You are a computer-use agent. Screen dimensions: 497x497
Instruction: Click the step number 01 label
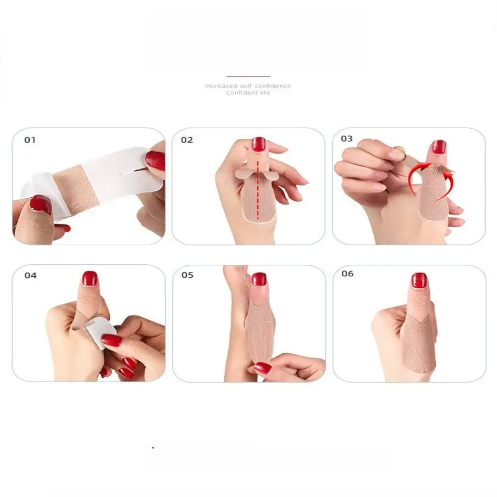pyautogui.click(x=30, y=140)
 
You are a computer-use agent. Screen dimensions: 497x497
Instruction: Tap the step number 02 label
pyautogui.click(x=187, y=140)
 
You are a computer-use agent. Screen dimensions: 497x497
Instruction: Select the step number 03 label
pyautogui.click(x=347, y=139)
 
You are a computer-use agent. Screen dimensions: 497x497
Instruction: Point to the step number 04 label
pyautogui.click(x=30, y=275)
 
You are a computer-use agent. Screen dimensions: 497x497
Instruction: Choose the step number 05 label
pyautogui.click(x=187, y=275)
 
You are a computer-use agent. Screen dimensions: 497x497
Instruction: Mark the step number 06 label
pyautogui.click(x=347, y=274)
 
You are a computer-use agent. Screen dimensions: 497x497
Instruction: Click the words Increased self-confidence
pyautogui.click(x=248, y=86)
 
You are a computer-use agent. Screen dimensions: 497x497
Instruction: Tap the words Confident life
pyautogui.click(x=248, y=93)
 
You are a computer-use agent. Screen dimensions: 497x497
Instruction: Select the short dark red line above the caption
pyautogui.click(x=248, y=77)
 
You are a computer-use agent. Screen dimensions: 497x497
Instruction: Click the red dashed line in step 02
pyautogui.click(x=258, y=189)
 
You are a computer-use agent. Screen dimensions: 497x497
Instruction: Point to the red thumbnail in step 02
pyautogui.click(x=258, y=144)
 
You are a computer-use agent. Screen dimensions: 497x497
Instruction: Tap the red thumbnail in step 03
pyautogui.click(x=438, y=147)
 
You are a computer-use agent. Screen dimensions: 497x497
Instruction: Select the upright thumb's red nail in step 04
pyautogui.click(x=89, y=278)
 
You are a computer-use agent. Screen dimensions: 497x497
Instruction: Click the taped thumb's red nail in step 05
pyautogui.click(x=258, y=279)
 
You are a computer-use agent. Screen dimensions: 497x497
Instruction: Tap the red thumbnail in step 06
pyautogui.click(x=419, y=280)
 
